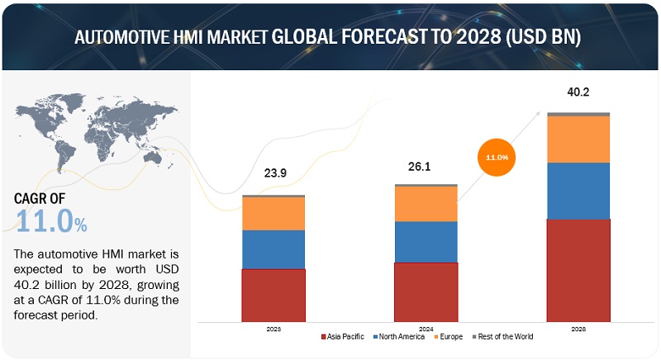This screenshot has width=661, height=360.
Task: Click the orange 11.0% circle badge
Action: click(496, 156)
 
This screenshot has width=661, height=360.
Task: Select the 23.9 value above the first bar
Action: click(273, 173)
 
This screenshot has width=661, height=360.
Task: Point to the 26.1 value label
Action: click(426, 165)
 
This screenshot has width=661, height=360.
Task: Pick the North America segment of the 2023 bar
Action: click(273, 249)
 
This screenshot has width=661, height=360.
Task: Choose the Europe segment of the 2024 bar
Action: click(426, 204)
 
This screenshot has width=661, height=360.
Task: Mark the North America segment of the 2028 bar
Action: click(578, 191)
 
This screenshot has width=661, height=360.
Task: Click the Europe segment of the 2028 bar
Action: click(578, 139)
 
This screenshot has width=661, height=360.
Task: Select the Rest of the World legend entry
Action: click(504, 336)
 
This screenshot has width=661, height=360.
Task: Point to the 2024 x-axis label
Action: click(426, 328)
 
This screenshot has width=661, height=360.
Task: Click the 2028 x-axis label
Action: click(578, 328)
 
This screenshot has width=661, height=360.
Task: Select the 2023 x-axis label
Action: click(273, 328)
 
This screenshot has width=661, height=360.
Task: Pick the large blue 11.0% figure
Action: click(51, 221)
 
